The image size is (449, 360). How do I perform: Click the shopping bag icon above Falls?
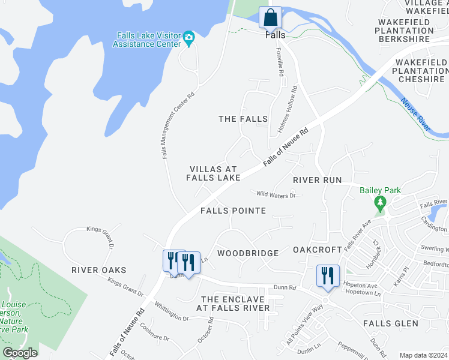tap(270, 17)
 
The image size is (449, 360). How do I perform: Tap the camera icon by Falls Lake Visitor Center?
tap(188, 38)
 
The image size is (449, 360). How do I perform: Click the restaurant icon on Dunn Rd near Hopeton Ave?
tap(328, 276)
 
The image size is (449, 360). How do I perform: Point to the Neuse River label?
tap(415, 114)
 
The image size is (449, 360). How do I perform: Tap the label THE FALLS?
tap(243, 119)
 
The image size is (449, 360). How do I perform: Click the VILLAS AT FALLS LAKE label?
tap(213, 173)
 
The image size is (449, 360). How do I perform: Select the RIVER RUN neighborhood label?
tap(317, 180)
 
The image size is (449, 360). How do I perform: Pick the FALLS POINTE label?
tap(233, 211)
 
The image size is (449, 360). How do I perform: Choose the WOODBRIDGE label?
tap(248, 253)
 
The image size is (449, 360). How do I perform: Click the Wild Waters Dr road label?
tap(276, 194)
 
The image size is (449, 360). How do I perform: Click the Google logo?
tap(20, 353)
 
